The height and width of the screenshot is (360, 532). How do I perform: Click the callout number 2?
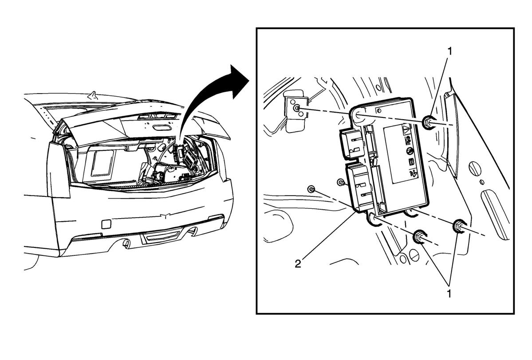tap(298, 264)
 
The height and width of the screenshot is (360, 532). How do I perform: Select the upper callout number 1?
tap(449, 51)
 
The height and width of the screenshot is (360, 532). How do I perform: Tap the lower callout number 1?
tap(449, 293)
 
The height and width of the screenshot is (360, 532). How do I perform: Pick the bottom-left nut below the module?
tap(419, 237)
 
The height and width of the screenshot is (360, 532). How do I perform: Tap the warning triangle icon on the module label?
tap(406, 129)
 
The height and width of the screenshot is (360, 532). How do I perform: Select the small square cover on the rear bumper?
tap(106, 224)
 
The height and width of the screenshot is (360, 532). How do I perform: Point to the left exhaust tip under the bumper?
tap(126, 243)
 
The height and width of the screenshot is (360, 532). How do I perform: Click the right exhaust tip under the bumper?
tap(193, 232)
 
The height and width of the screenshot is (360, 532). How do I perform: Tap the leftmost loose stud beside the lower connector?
tap(310, 188)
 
